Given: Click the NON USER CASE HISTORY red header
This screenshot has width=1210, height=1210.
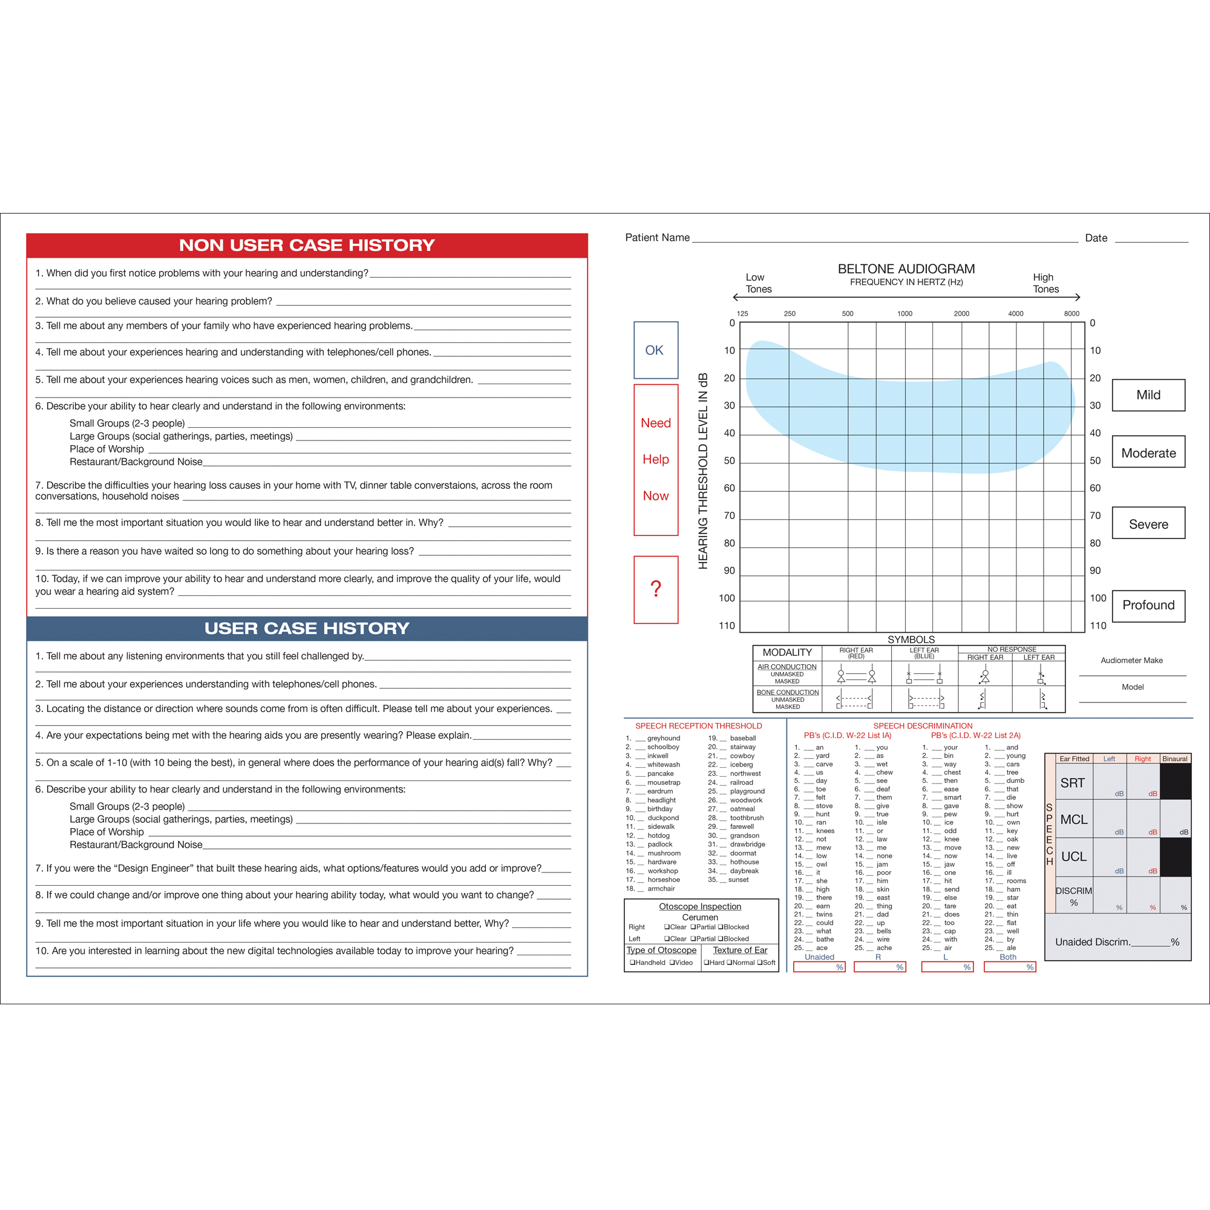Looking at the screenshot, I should tap(307, 246).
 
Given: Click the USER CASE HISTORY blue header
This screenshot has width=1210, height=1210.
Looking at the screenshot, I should tap(307, 628).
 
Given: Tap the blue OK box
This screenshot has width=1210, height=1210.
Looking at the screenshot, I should tap(656, 350).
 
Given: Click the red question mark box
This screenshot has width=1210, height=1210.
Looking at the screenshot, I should tap(656, 589).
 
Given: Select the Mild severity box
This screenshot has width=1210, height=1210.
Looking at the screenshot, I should tap(1148, 395).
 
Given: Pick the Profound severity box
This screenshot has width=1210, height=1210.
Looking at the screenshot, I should tap(1148, 606).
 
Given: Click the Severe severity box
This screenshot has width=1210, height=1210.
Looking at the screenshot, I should tap(1148, 524).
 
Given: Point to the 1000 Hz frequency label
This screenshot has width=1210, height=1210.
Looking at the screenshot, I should tap(904, 314).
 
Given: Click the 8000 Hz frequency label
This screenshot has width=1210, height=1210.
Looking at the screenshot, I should tap(1071, 314).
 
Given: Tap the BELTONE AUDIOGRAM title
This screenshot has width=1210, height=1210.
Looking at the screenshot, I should tap(906, 269).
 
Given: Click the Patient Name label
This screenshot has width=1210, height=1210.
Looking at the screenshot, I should tap(657, 237).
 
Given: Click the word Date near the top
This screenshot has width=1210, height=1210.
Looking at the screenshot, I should tap(1096, 238).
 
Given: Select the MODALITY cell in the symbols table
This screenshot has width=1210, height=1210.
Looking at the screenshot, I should tap(786, 653).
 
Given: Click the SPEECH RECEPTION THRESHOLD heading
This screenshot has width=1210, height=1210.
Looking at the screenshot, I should tap(698, 726).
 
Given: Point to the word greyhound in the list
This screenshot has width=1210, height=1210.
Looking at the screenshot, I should tap(663, 738).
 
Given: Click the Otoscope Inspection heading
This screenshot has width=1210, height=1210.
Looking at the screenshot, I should tap(699, 906).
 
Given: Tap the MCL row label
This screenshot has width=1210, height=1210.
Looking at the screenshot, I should tap(1073, 820).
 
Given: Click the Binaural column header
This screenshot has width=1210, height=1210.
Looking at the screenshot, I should tap(1174, 759).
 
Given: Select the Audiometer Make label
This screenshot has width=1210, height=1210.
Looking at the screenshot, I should tap(1132, 661).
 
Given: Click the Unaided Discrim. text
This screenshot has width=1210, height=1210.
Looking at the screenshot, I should tap(1093, 942).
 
